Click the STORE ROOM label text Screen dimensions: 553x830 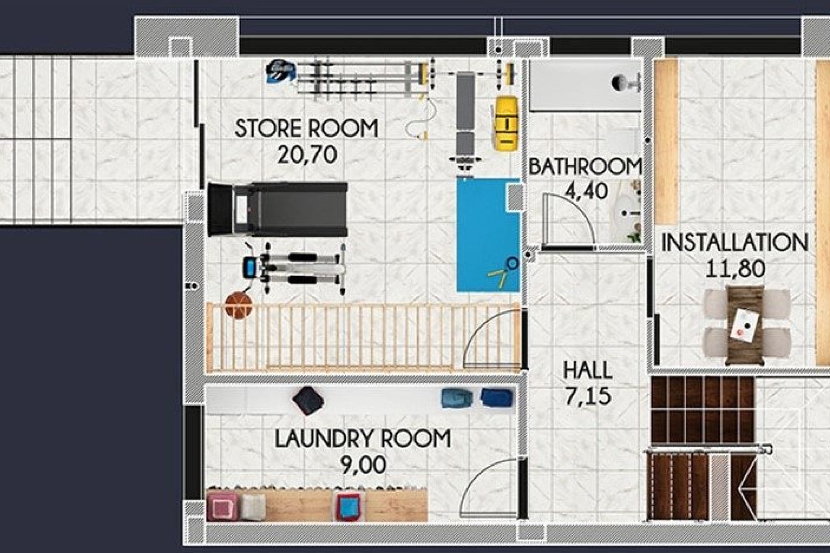tap(306, 128)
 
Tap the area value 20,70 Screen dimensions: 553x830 tap(307, 155)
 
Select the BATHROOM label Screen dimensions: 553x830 tap(585, 167)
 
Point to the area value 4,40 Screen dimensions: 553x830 tap(586, 191)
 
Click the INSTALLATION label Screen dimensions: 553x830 tap(734, 243)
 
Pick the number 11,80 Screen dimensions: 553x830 tap(735, 268)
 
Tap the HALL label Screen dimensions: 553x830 tap(587, 370)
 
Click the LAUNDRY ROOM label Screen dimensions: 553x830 tap(363, 439)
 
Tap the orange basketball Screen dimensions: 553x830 tap(238, 305)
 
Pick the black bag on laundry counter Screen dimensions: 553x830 tap(308, 400)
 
